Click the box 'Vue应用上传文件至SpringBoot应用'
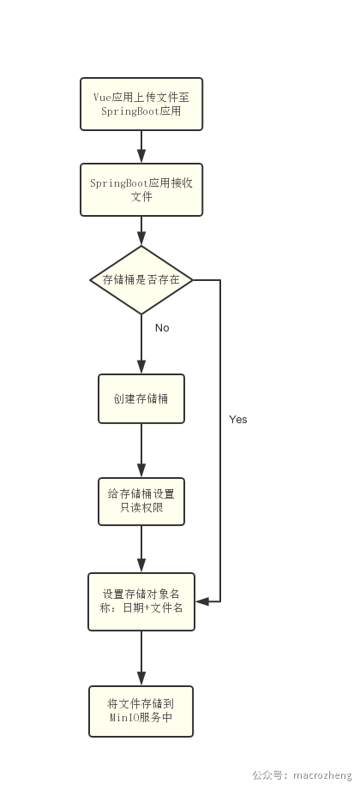tap(141, 105)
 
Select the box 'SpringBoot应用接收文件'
tap(141, 189)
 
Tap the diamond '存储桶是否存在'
tap(141, 280)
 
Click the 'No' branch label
tap(162, 328)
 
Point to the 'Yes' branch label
tap(238, 420)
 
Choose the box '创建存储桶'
tap(141, 399)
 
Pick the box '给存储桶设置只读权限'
tap(141, 502)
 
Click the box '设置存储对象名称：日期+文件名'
tap(141, 601)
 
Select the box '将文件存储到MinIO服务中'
tap(141, 712)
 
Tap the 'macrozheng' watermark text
tap(322, 775)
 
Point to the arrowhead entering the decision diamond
tap(141, 238)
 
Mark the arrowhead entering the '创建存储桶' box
tap(141, 367)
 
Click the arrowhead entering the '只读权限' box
tap(141, 470)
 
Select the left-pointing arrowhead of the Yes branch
tap(202, 601)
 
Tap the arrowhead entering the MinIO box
tap(141, 678)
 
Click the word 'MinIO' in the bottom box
tap(122, 718)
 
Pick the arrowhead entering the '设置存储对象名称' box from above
tap(141, 565)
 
